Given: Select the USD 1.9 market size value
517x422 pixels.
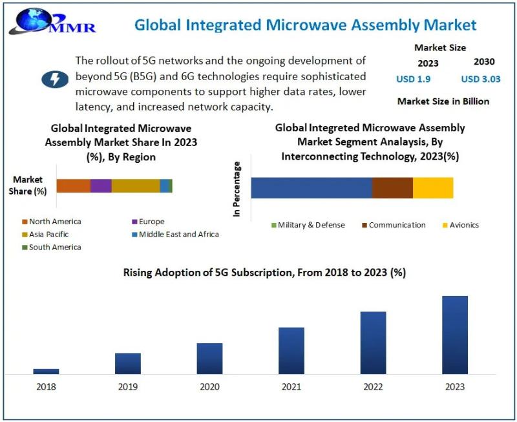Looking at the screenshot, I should [x=413, y=79].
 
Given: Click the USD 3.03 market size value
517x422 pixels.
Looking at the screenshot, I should [x=480, y=79].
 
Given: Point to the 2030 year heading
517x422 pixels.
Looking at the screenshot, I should [x=483, y=62].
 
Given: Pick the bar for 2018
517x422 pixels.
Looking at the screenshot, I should [x=47, y=371].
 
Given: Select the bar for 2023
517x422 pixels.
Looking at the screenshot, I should [x=454, y=335].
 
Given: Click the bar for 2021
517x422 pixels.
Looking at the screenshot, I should [x=291, y=350].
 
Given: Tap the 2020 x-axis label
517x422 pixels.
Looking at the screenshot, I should [x=209, y=386].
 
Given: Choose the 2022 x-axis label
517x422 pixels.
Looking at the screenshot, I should [x=373, y=386].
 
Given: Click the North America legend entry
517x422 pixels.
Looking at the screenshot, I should [x=52, y=222].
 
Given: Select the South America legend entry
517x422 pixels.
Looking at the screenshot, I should [x=52, y=247].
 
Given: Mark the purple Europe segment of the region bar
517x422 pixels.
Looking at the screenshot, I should [x=101, y=186].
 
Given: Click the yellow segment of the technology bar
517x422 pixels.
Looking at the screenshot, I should [x=433, y=187].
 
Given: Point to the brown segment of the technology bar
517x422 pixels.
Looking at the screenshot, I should [x=392, y=187].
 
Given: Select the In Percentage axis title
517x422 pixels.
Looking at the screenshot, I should [x=237, y=189].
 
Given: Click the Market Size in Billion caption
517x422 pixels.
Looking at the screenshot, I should [x=443, y=101].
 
